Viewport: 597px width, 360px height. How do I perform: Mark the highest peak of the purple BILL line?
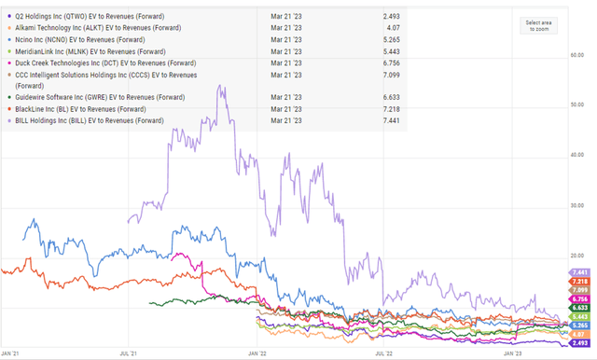[x=220, y=87]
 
